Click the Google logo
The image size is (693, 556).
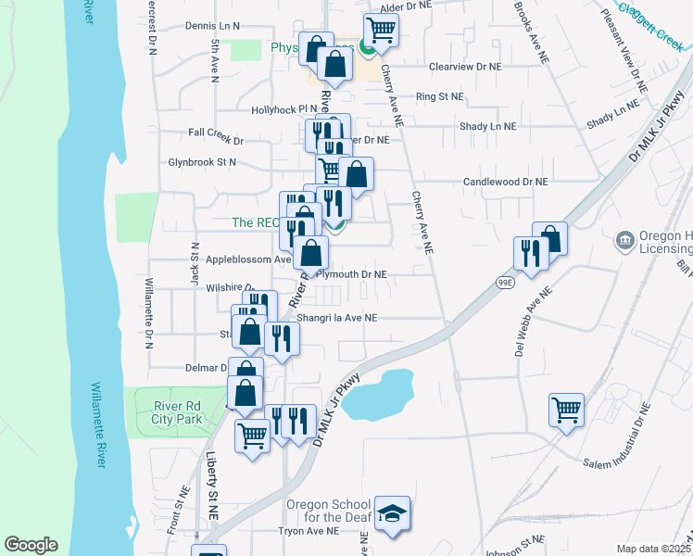[x=31, y=545]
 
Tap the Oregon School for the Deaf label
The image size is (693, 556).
[x=328, y=511]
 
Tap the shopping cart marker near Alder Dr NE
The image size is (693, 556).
[x=381, y=30]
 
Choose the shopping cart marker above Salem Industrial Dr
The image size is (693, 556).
[x=567, y=408]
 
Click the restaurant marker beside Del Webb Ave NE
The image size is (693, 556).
[x=530, y=253]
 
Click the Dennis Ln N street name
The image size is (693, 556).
[x=212, y=26]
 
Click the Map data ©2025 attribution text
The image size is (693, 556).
[x=653, y=549]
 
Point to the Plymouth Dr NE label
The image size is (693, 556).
[x=351, y=275]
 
